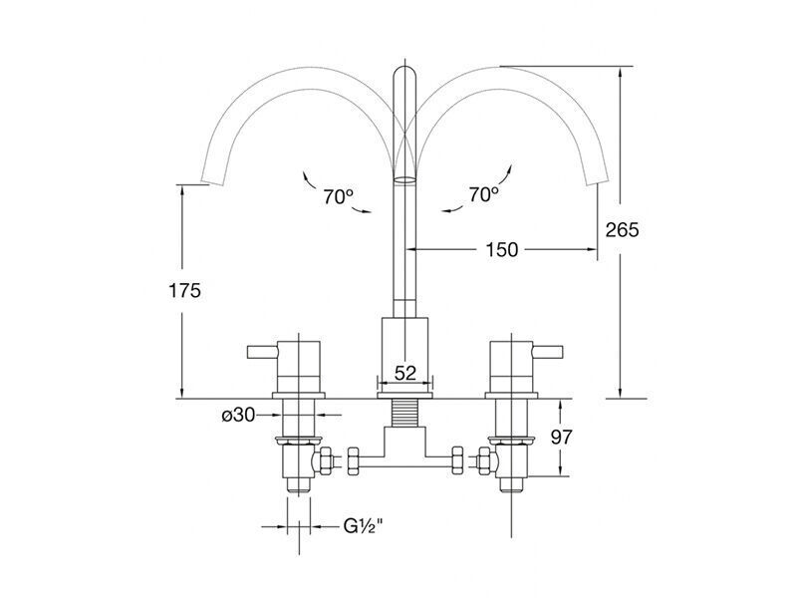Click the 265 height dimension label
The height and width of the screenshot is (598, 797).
[622, 230]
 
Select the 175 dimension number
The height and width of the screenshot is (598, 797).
[184, 290]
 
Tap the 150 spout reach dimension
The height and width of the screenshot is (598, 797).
[502, 250]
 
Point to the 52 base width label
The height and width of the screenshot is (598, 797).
[405, 373]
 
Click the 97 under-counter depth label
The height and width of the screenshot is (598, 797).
[562, 437]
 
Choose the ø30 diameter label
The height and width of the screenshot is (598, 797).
[238, 416]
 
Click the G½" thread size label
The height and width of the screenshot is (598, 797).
[363, 527]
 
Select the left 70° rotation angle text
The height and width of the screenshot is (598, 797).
[338, 196]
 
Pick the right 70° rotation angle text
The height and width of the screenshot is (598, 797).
[483, 193]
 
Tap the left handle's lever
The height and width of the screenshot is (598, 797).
[262, 352]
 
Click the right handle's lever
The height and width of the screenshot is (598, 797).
[547, 352]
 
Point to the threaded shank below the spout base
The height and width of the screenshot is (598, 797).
[405, 413]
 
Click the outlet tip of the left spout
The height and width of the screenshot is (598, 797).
[212, 181]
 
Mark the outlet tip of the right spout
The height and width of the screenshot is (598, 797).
[598, 181]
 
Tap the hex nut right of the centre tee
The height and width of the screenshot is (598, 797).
[457, 460]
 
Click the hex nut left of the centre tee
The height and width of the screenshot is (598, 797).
[354, 460]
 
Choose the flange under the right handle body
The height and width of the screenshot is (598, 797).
[511, 395]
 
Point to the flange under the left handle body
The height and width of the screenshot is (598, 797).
[298, 395]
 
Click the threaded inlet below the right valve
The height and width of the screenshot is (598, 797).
[511, 484]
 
